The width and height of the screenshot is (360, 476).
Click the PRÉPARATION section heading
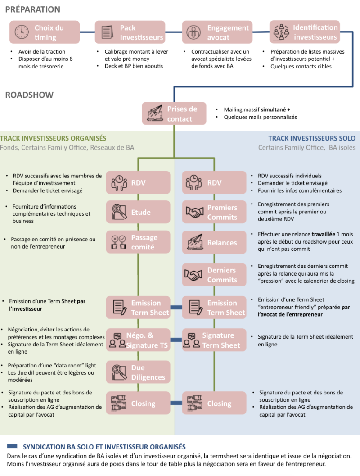(32, 9)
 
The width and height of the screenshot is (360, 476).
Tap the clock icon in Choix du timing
(21, 32)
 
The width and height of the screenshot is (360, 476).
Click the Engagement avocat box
(219, 32)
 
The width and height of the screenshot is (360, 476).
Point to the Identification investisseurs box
(306, 32)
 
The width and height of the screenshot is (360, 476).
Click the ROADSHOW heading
(29, 95)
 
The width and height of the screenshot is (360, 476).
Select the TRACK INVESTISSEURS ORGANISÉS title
(53, 138)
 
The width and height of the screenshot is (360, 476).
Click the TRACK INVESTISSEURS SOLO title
(311, 138)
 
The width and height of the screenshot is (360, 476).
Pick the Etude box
(138, 212)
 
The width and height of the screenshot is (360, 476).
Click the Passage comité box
(138, 242)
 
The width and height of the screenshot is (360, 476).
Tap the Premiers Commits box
(214, 212)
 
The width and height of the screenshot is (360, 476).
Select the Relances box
(214, 243)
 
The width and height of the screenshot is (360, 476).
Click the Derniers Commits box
(214, 275)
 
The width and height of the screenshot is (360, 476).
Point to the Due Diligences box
(138, 372)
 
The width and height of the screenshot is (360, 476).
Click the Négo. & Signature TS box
(138, 340)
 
